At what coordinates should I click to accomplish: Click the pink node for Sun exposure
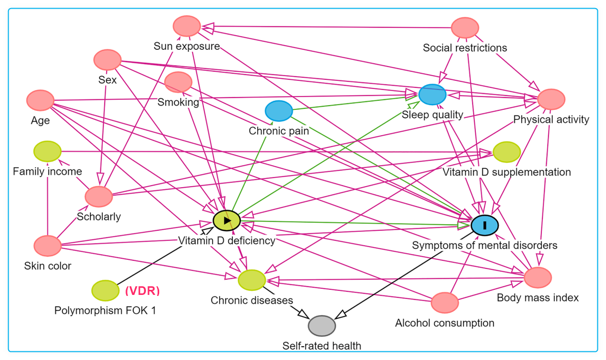tap(187, 26)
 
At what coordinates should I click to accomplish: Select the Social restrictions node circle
tap(465, 27)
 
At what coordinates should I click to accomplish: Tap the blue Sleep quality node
tap(432, 95)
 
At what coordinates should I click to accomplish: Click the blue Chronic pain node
tap(279, 111)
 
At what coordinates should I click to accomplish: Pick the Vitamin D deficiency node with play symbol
tap(227, 220)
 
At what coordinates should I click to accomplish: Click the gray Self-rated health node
tap(322, 326)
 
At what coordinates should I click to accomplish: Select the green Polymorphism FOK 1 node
tap(105, 290)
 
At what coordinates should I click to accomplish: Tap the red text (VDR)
tap(142, 291)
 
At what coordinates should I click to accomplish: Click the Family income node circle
tap(47, 151)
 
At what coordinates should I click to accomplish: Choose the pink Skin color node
tap(47, 246)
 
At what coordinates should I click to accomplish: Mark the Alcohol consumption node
tap(444, 303)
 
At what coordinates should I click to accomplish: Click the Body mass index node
tap(537, 278)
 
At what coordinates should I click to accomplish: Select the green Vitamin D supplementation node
tap(506, 152)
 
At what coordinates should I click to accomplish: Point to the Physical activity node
tap(551, 99)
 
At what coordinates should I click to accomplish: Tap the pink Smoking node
tap(178, 82)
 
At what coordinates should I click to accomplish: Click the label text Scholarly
tap(99, 217)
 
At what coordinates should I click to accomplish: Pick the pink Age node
tap(40, 100)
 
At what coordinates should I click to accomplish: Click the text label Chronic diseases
tap(252, 301)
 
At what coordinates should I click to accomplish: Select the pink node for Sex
tap(107, 60)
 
